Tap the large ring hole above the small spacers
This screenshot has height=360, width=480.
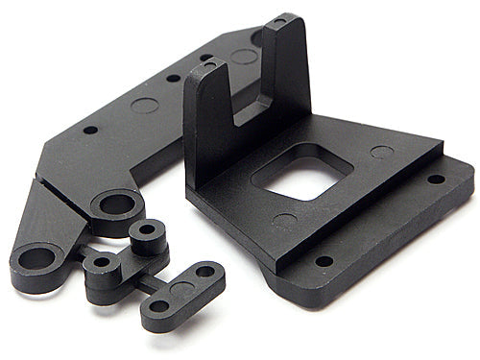118,204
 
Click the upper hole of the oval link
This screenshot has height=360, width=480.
205,272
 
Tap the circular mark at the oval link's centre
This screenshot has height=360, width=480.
183,288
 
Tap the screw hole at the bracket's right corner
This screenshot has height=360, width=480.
435,179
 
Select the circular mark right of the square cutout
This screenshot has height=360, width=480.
382,152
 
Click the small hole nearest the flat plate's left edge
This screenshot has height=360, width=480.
89,130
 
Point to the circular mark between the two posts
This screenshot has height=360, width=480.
244,57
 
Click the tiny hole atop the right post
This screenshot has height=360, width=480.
278,20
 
